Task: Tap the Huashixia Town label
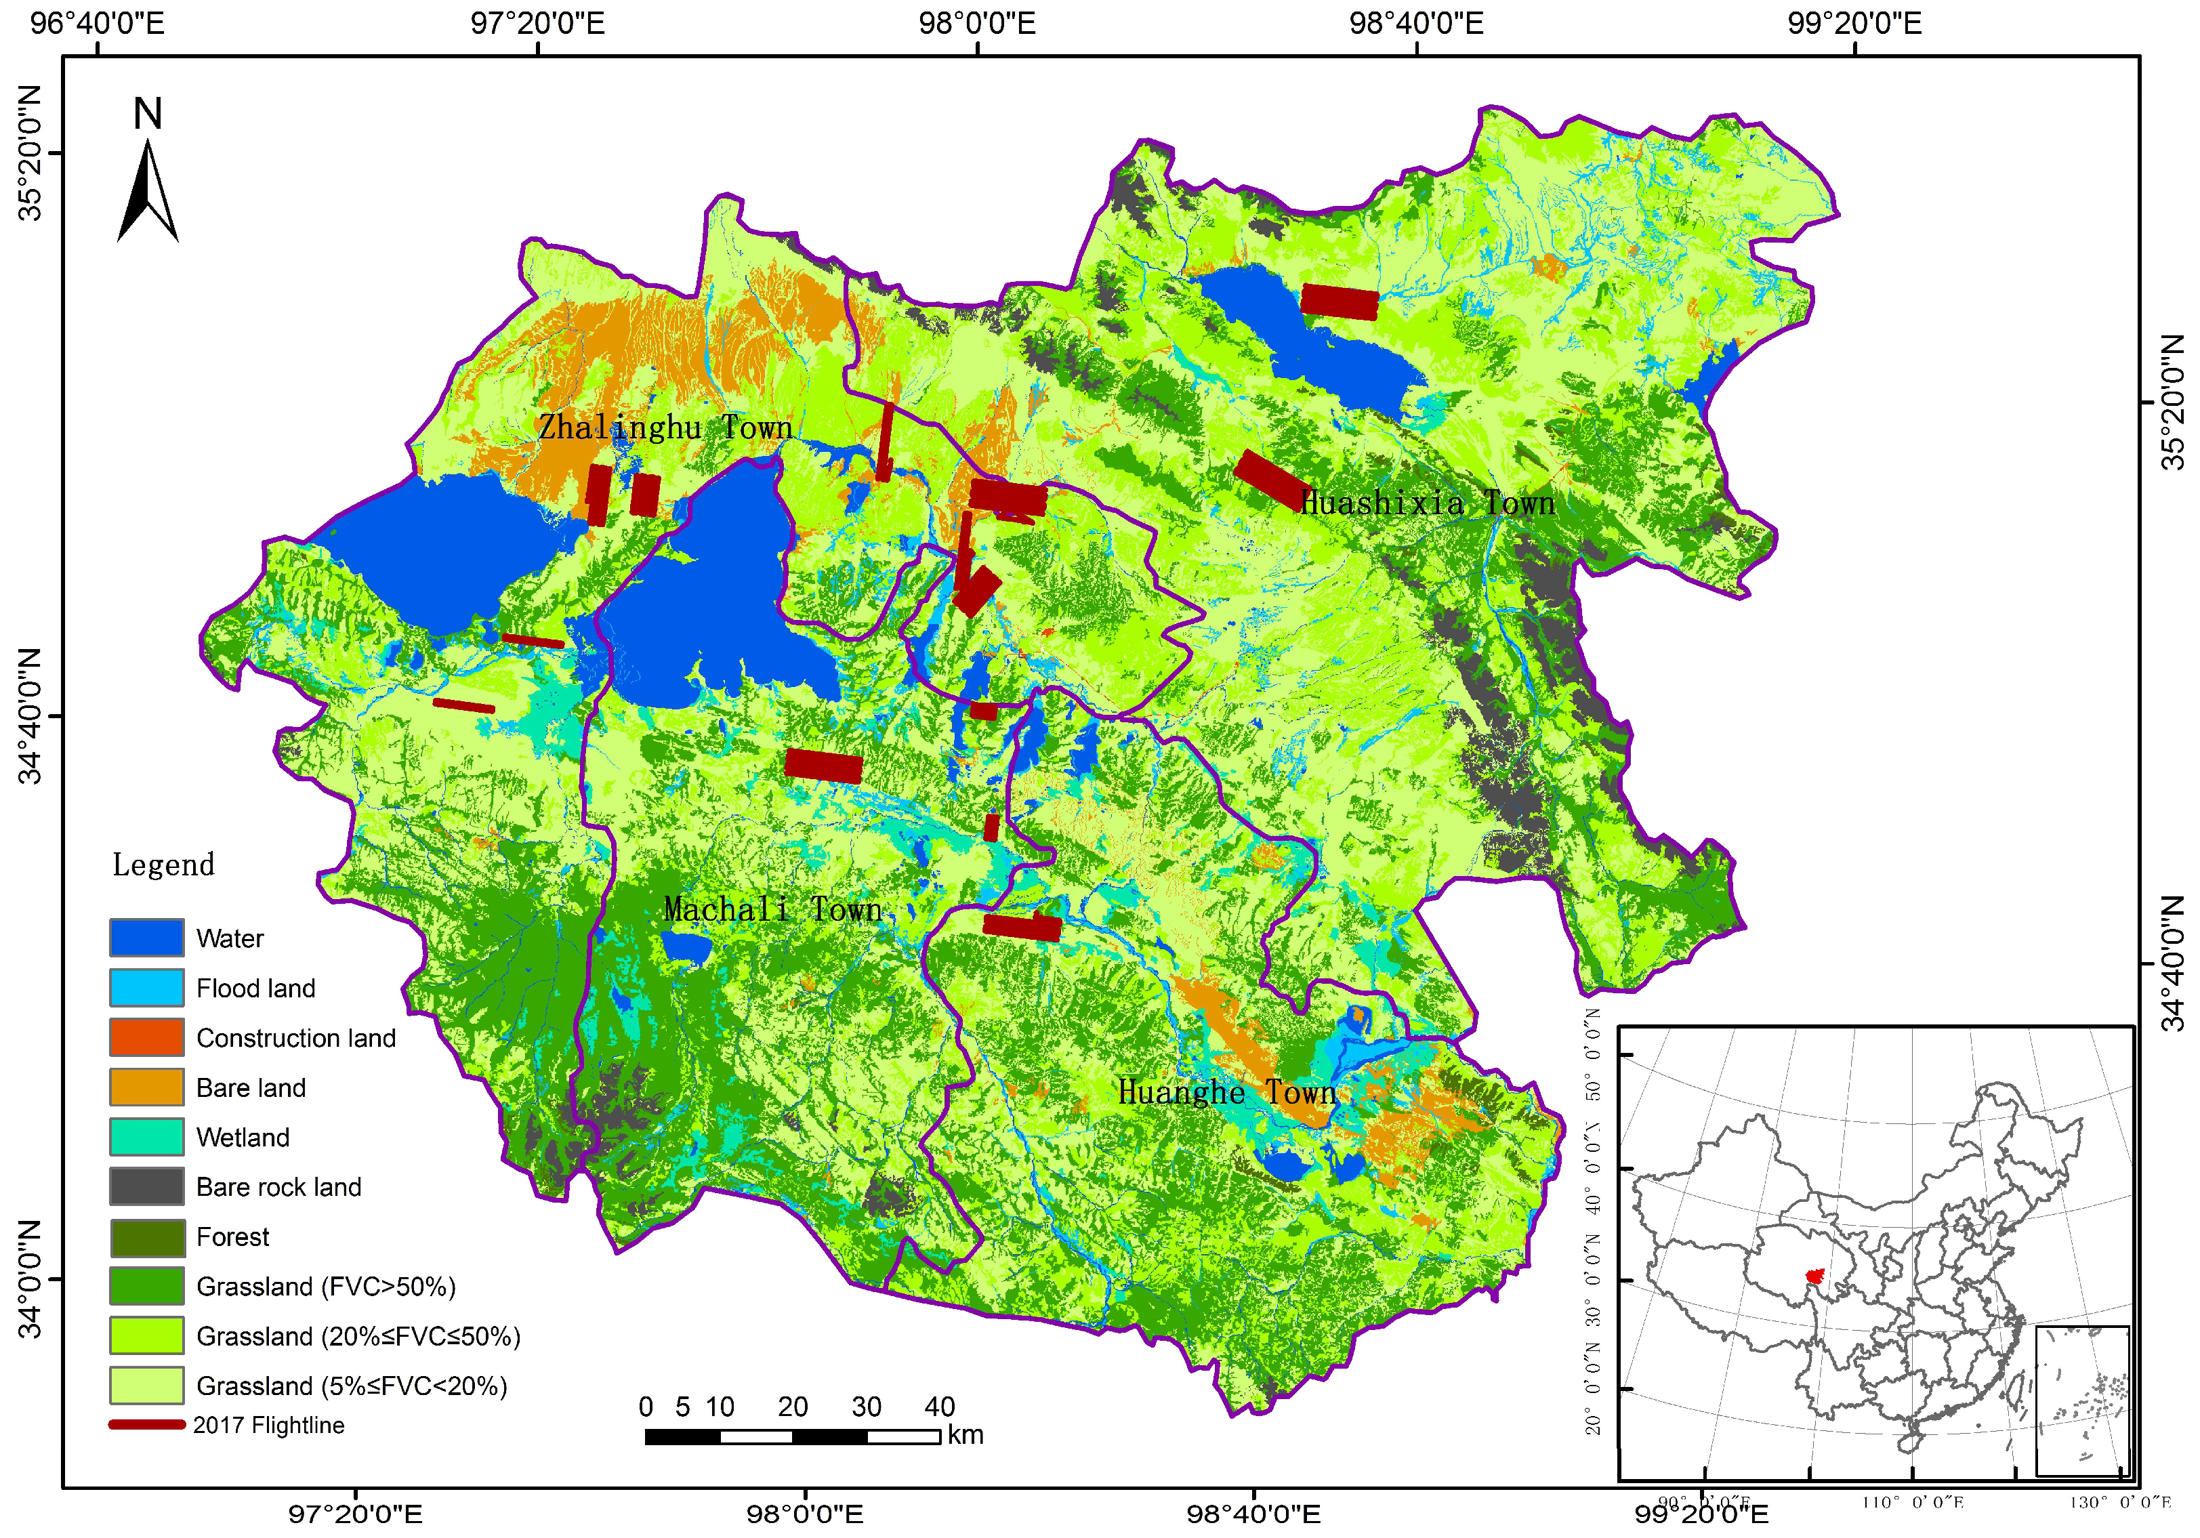[1427, 503]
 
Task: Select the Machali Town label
[772, 909]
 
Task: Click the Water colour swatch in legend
[146, 937]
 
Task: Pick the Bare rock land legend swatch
[146, 1186]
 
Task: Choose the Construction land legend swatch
[146, 1037]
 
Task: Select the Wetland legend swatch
[146, 1136]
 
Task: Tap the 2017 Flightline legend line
[146, 1425]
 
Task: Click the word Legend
[163, 865]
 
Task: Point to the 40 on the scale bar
[939, 1407]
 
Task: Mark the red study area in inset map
[1814, 1276]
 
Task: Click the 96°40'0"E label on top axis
[97, 23]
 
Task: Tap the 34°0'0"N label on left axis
[30, 1279]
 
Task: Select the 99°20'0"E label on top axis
[1854, 23]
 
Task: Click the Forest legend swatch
[146, 1236]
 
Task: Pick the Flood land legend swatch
[146, 987]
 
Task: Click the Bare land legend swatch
[146, 1087]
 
